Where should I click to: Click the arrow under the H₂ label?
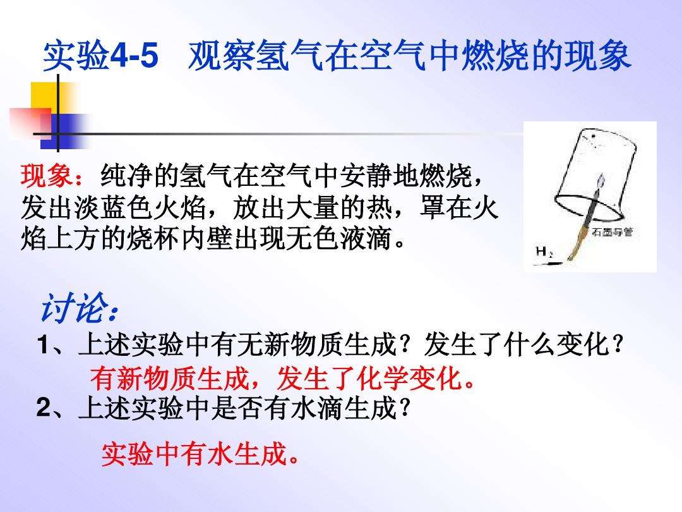[x=549, y=263]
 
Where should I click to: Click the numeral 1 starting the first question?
[x=43, y=345]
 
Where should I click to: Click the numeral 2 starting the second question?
[x=44, y=408]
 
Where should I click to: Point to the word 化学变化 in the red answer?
[x=410, y=379]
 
